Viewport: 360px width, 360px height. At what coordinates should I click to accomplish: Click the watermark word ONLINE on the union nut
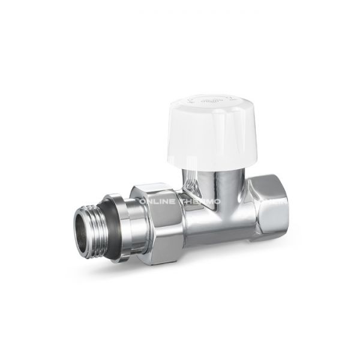click(x=157, y=202)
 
